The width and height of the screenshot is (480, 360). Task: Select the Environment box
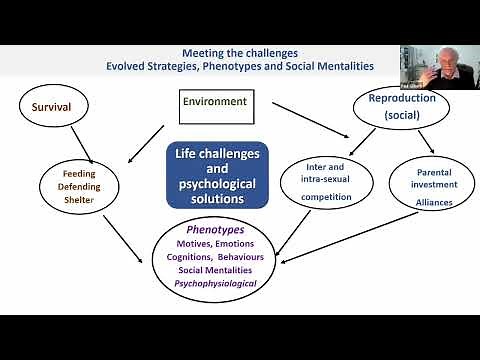213,101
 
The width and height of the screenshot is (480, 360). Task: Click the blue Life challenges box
218,174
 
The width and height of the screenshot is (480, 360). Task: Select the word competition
328,197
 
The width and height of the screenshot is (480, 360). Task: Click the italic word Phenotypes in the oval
216,228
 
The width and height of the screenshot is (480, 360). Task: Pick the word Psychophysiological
215,283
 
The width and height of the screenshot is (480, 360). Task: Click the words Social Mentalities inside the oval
215,269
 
